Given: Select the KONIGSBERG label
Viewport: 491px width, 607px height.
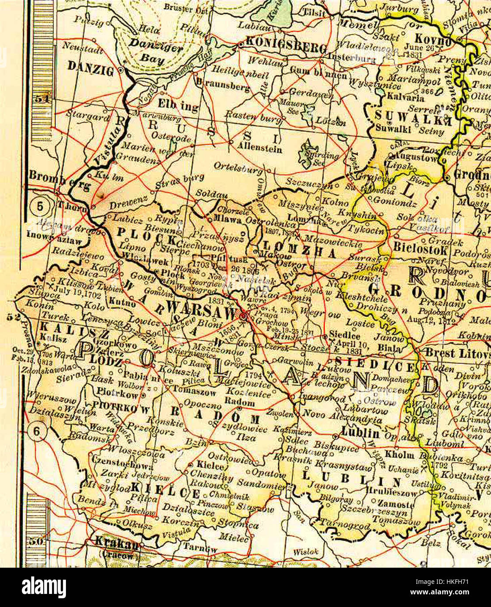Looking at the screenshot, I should (286, 45).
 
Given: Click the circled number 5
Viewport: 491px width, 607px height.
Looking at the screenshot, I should (40, 206).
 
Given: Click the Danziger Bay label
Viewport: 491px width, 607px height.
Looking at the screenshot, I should (156, 52).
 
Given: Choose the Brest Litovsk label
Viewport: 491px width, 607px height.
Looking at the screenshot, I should (458, 353).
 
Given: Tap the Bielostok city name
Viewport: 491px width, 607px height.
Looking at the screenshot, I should (420, 249).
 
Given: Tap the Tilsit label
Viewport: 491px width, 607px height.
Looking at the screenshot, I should (315, 13).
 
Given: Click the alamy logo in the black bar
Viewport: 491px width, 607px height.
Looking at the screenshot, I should (44, 587).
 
